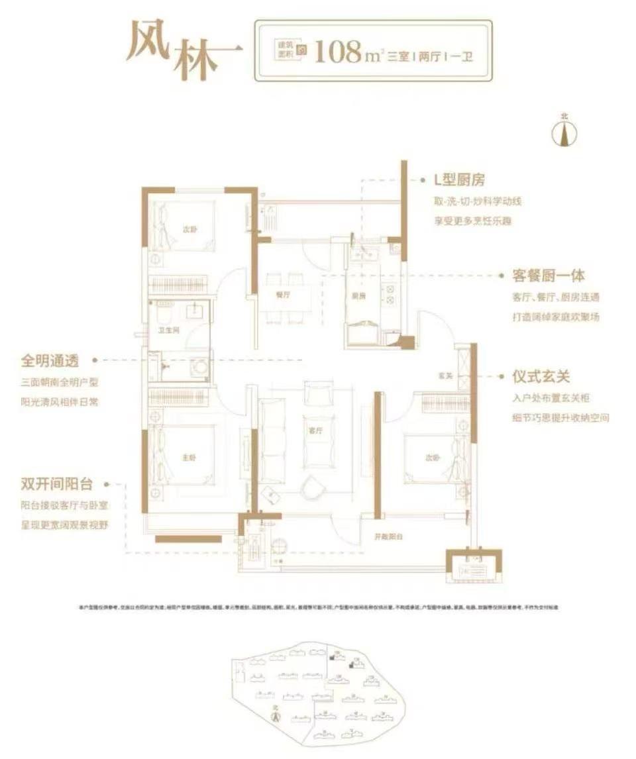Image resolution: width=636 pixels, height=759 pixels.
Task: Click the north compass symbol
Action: (564, 132)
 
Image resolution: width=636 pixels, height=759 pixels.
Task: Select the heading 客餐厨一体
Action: (549, 276)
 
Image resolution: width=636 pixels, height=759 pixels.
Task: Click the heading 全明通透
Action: (50, 361)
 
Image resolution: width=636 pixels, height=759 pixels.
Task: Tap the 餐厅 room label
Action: (284, 296)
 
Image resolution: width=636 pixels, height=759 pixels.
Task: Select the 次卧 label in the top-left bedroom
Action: (190, 230)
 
